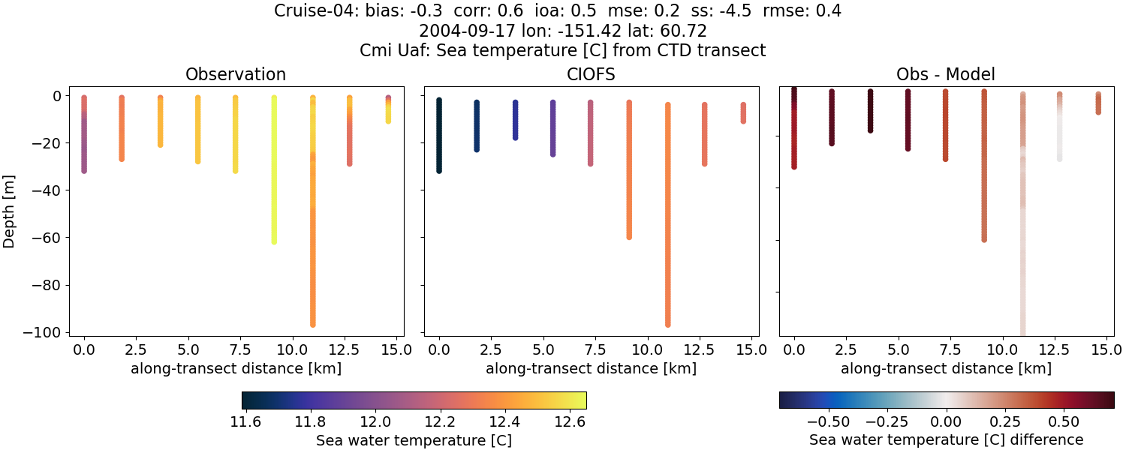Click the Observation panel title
click(x=236, y=74)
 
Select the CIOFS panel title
click(x=591, y=74)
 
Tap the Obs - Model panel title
click(x=946, y=74)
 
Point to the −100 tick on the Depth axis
click(x=48, y=332)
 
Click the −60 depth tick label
click(x=51, y=238)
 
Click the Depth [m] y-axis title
click(x=10, y=213)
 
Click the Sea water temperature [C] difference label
click(x=946, y=440)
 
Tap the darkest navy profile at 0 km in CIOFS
click(x=439, y=135)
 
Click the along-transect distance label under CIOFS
click(x=591, y=368)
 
